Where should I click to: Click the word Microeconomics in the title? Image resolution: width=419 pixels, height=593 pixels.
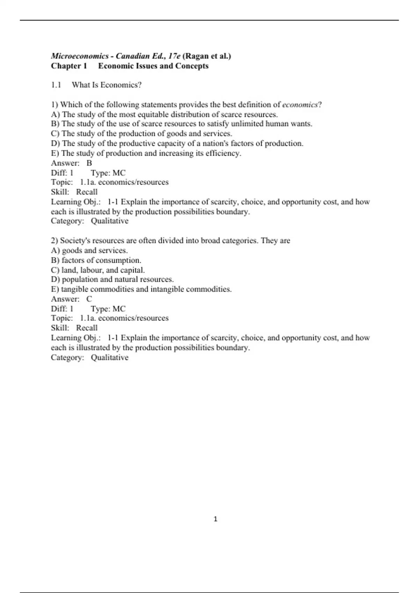pyautogui.click(x=80, y=56)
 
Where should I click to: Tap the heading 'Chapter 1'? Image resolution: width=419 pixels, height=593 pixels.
pyautogui.click(x=69, y=66)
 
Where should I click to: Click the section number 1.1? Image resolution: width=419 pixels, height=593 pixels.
pyautogui.click(x=56, y=85)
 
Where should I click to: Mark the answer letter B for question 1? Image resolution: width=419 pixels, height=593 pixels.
pyautogui.click(x=89, y=163)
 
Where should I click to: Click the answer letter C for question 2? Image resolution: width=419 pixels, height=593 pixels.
pyautogui.click(x=89, y=299)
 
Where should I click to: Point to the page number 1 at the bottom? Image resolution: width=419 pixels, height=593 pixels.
pyautogui.click(x=215, y=519)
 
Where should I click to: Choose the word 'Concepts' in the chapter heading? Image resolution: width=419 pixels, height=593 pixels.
pyautogui.click(x=192, y=66)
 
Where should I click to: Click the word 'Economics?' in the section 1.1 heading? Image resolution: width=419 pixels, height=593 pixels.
pyautogui.click(x=121, y=85)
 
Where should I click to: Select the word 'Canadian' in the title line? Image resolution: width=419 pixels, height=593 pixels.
pyautogui.click(x=133, y=56)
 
